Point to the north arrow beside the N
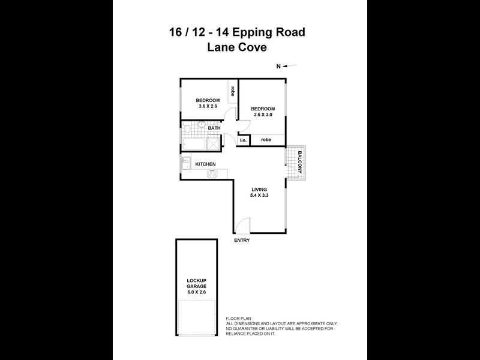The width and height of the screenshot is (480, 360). click(x=291, y=66)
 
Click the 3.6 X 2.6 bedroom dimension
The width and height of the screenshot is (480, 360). click(x=207, y=106)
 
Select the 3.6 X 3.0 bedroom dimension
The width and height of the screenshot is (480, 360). click(x=262, y=115)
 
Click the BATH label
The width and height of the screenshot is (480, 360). click(x=214, y=128)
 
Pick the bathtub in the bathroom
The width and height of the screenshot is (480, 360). click(x=194, y=144)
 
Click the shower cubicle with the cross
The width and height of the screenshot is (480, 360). click(x=214, y=144)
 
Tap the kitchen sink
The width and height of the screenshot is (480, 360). click(x=186, y=161)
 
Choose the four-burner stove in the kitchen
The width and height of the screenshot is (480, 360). click(x=213, y=174)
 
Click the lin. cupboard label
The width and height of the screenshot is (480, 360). click(x=243, y=140)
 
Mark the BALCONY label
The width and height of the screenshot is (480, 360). click(x=298, y=162)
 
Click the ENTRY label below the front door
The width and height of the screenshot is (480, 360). click(x=242, y=240)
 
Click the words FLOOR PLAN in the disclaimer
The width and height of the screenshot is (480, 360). click(x=239, y=318)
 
